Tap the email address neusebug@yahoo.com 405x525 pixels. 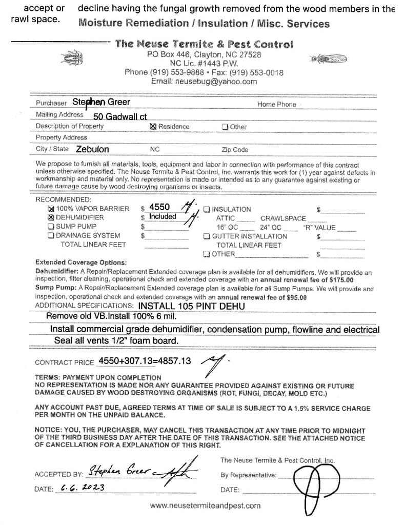click(204, 82)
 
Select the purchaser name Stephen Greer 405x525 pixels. click(101, 102)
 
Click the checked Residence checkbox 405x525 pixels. click(153, 127)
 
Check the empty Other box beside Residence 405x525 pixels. click(225, 127)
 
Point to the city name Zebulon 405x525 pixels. click(92, 150)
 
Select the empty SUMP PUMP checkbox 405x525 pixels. click(50, 227)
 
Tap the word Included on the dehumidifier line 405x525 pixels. click(163, 217)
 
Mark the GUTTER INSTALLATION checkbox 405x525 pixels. click(207, 236)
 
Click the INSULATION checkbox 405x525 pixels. click(207, 209)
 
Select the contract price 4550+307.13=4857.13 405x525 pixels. click(145, 361)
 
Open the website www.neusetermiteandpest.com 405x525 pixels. click(205, 506)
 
